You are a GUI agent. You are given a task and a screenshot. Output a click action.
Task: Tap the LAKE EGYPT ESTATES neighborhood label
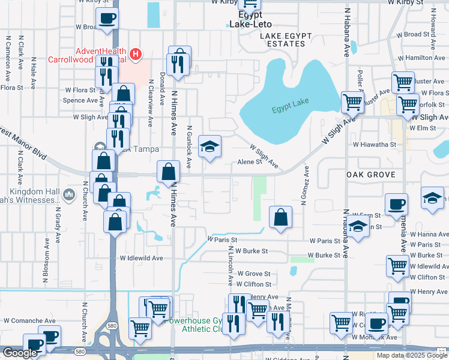[286, 40]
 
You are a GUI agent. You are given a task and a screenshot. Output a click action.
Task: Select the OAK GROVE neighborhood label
[370, 174]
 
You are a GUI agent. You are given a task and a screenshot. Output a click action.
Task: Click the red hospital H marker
[136, 55]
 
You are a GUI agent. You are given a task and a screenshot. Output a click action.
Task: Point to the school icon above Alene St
[209, 146]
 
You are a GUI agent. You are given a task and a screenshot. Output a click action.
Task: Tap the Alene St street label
[250, 161]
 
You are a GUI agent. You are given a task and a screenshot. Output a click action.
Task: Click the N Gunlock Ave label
[189, 142]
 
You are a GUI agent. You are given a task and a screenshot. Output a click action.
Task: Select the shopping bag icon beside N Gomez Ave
[280, 217]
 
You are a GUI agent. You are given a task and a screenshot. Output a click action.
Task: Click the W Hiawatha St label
[375, 145]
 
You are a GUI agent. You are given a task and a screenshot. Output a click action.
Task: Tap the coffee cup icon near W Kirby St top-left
[107, 19]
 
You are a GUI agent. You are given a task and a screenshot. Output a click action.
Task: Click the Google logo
[20, 353]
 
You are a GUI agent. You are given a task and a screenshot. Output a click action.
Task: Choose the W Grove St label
[254, 274]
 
